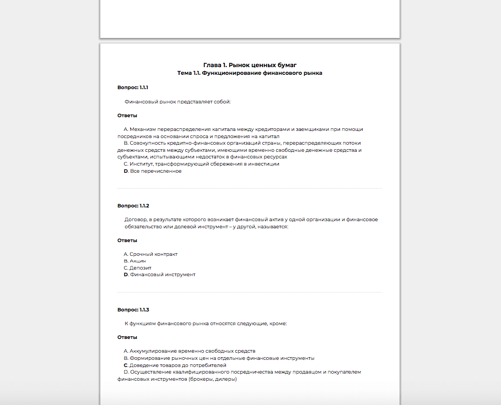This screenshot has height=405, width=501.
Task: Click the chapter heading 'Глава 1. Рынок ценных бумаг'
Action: [x=250, y=65]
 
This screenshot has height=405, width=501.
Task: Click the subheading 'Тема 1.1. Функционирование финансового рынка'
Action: [x=250, y=73]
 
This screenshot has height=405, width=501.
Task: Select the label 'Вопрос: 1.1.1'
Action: [x=133, y=87]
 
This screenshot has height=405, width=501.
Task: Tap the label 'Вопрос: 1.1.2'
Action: [x=133, y=206]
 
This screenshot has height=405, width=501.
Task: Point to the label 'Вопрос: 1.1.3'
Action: [x=133, y=310]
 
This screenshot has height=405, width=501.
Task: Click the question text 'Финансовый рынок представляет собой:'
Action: [x=177, y=102]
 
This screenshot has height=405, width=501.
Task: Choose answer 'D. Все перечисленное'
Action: [x=153, y=171]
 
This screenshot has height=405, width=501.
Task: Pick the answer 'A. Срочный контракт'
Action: [x=150, y=254]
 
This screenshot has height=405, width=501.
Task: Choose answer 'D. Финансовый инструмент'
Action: [x=159, y=275]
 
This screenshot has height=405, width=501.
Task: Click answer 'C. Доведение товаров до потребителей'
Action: [x=175, y=365]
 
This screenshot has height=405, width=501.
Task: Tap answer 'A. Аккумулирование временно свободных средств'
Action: [x=189, y=351]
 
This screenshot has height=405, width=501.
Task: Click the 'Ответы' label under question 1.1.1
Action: [x=127, y=116]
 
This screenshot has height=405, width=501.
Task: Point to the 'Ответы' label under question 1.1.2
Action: [x=127, y=240]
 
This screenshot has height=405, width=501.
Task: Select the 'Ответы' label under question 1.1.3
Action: [x=127, y=337]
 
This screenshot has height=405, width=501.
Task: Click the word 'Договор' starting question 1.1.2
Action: [x=135, y=220]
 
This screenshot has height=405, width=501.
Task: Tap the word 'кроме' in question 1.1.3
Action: [x=278, y=324]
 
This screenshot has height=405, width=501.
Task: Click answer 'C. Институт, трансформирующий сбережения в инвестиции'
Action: [x=201, y=164]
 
